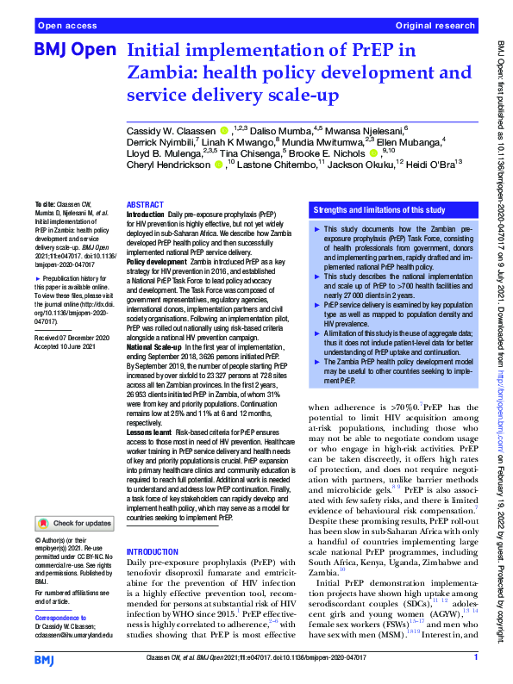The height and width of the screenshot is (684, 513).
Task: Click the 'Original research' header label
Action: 436,27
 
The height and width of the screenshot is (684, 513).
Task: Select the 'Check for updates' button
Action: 73,523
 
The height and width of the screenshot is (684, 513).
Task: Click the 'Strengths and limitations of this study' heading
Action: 379,209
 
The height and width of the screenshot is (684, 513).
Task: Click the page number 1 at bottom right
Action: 476,659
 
